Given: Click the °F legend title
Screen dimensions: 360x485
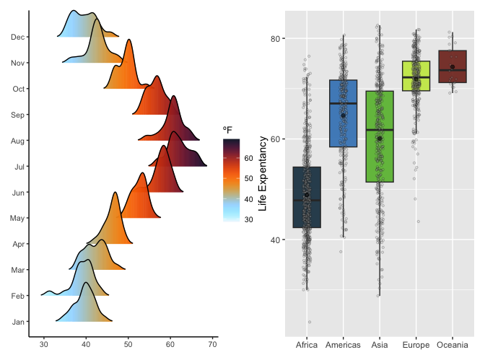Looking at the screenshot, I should [x=227, y=130].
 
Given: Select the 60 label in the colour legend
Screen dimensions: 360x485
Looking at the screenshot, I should [x=248, y=157].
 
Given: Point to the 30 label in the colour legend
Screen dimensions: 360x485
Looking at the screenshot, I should [x=248, y=219].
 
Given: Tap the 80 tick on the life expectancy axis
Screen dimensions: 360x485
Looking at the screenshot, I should [x=274, y=38].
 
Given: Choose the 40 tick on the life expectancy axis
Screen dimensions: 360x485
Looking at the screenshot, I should [x=274, y=240].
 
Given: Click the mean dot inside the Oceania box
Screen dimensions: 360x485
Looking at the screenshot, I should [x=453, y=67].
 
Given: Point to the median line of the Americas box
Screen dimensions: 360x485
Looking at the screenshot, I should [x=344, y=104].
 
